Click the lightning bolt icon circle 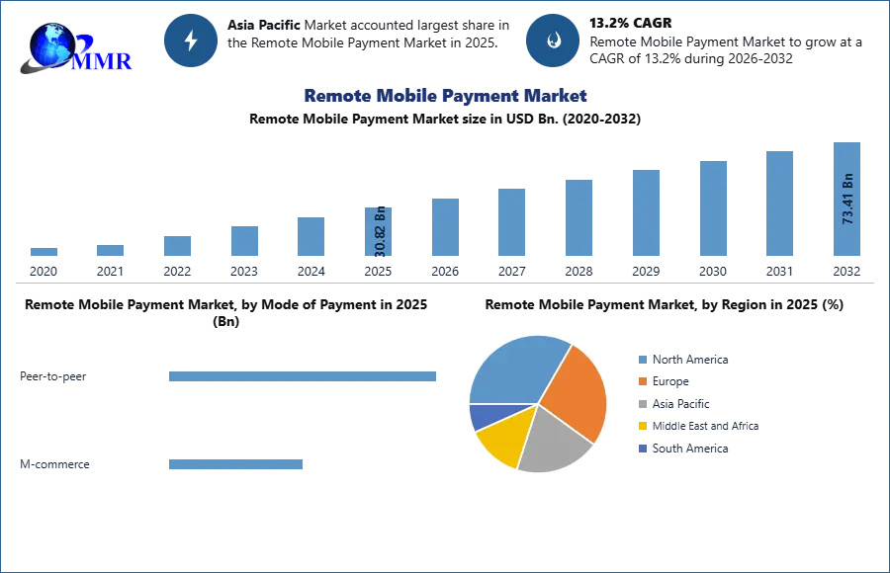(x=191, y=41)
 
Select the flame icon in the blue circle (x=553, y=41)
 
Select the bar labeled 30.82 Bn (x=379, y=237)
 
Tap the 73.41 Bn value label (x=847, y=199)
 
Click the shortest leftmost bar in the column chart (x=44, y=253)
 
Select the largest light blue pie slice (x=514, y=370)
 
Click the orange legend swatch (x=641, y=381)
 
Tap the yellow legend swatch (x=641, y=427)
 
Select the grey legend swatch (x=641, y=404)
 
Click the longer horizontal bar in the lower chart (x=304, y=378)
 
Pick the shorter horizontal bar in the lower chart (x=236, y=465)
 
